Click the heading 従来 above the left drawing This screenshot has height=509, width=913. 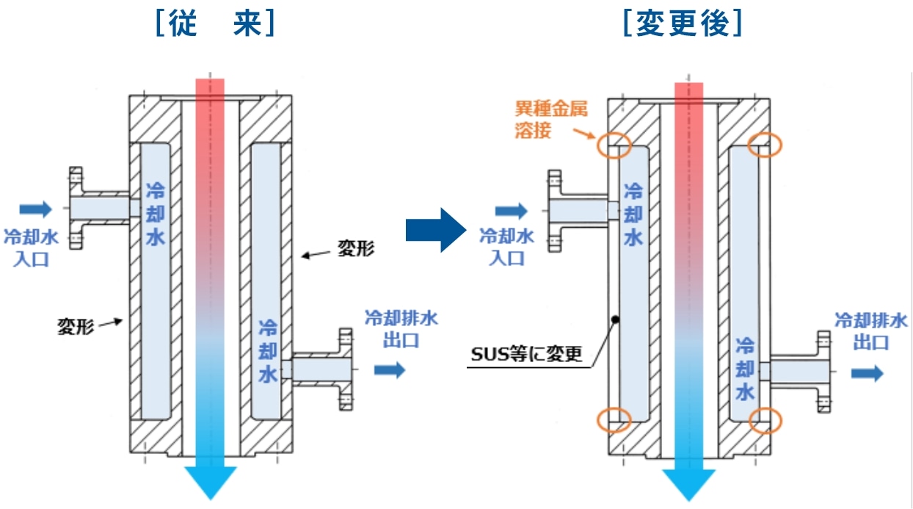pyautogui.click(x=215, y=24)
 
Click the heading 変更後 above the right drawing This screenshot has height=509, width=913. pyautogui.click(x=682, y=24)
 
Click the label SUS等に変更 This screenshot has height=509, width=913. pyautogui.click(x=526, y=355)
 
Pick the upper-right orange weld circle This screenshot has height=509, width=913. pyautogui.click(x=764, y=145)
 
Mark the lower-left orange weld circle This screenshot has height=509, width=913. pyautogui.click(x=614, y=421)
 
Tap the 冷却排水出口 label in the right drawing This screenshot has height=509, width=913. pyautogui.click(x=871, y=331)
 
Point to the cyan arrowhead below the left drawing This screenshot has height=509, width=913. pyautogui.click(x=210, y=480)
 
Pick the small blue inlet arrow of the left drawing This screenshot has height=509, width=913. pyautogui.click(x=35, y=210)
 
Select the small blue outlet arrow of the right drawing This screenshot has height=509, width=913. pyautogui.click(x=867, y=374)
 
